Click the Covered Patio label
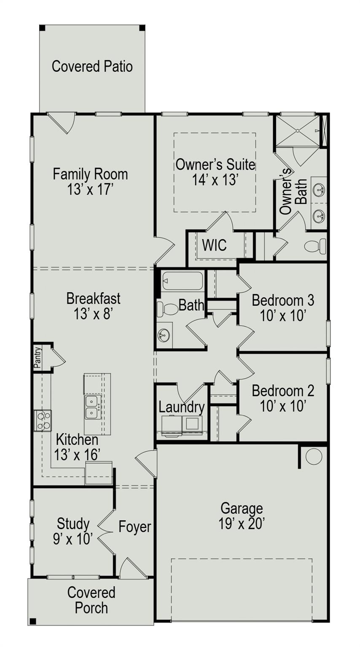(92, 66)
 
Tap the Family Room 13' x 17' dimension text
(90, 190)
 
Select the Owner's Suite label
(215, 164)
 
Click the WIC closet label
(214, 245)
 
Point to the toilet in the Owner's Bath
(315, 246)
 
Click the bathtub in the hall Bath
(183, 281)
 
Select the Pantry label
(38, 358)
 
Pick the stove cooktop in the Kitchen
(43, 420)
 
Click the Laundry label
(181, 407)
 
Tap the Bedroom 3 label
(283, 300)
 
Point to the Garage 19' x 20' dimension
(242, 524)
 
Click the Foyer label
(135, 527)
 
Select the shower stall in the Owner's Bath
(298, 131)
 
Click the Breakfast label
(94, 298)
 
